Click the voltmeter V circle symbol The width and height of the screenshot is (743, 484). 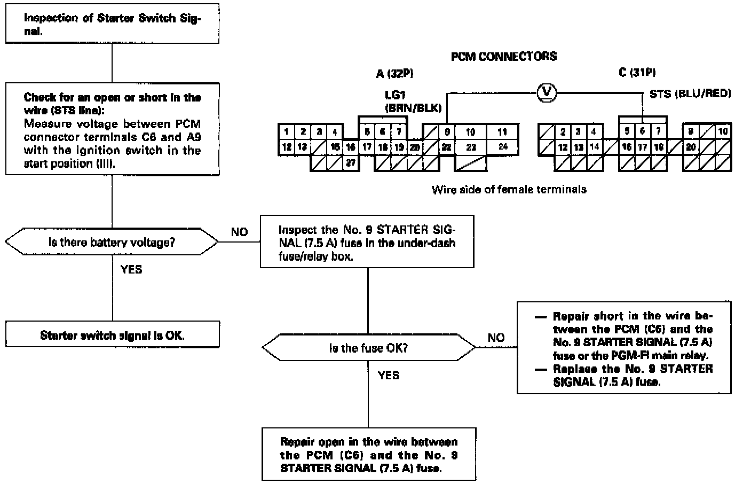[x=546, y=93]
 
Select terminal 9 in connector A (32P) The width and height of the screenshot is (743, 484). [x=447, y=132]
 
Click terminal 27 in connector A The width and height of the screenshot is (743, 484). [x=350, y=163]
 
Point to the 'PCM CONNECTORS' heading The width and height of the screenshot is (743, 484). [x=503, y=56]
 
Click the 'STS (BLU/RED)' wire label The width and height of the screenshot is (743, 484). [x=690, y=93]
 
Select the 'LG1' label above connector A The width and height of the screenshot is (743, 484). [x=396, y=95]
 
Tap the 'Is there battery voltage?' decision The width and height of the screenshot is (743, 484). [x=112, y=243]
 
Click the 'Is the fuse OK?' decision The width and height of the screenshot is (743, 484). [x=368, y=348]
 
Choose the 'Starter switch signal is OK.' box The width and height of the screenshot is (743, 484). [x=112, y=335]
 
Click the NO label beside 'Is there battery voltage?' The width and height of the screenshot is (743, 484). [x=239, y=232]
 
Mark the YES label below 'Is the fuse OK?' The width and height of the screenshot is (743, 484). [x=388, y=375]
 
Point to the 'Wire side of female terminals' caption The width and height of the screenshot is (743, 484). [x=509, y=189]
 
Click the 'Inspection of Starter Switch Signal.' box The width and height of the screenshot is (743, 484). [x=112, y=25]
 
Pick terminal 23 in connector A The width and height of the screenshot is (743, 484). [x=471, y=147]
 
